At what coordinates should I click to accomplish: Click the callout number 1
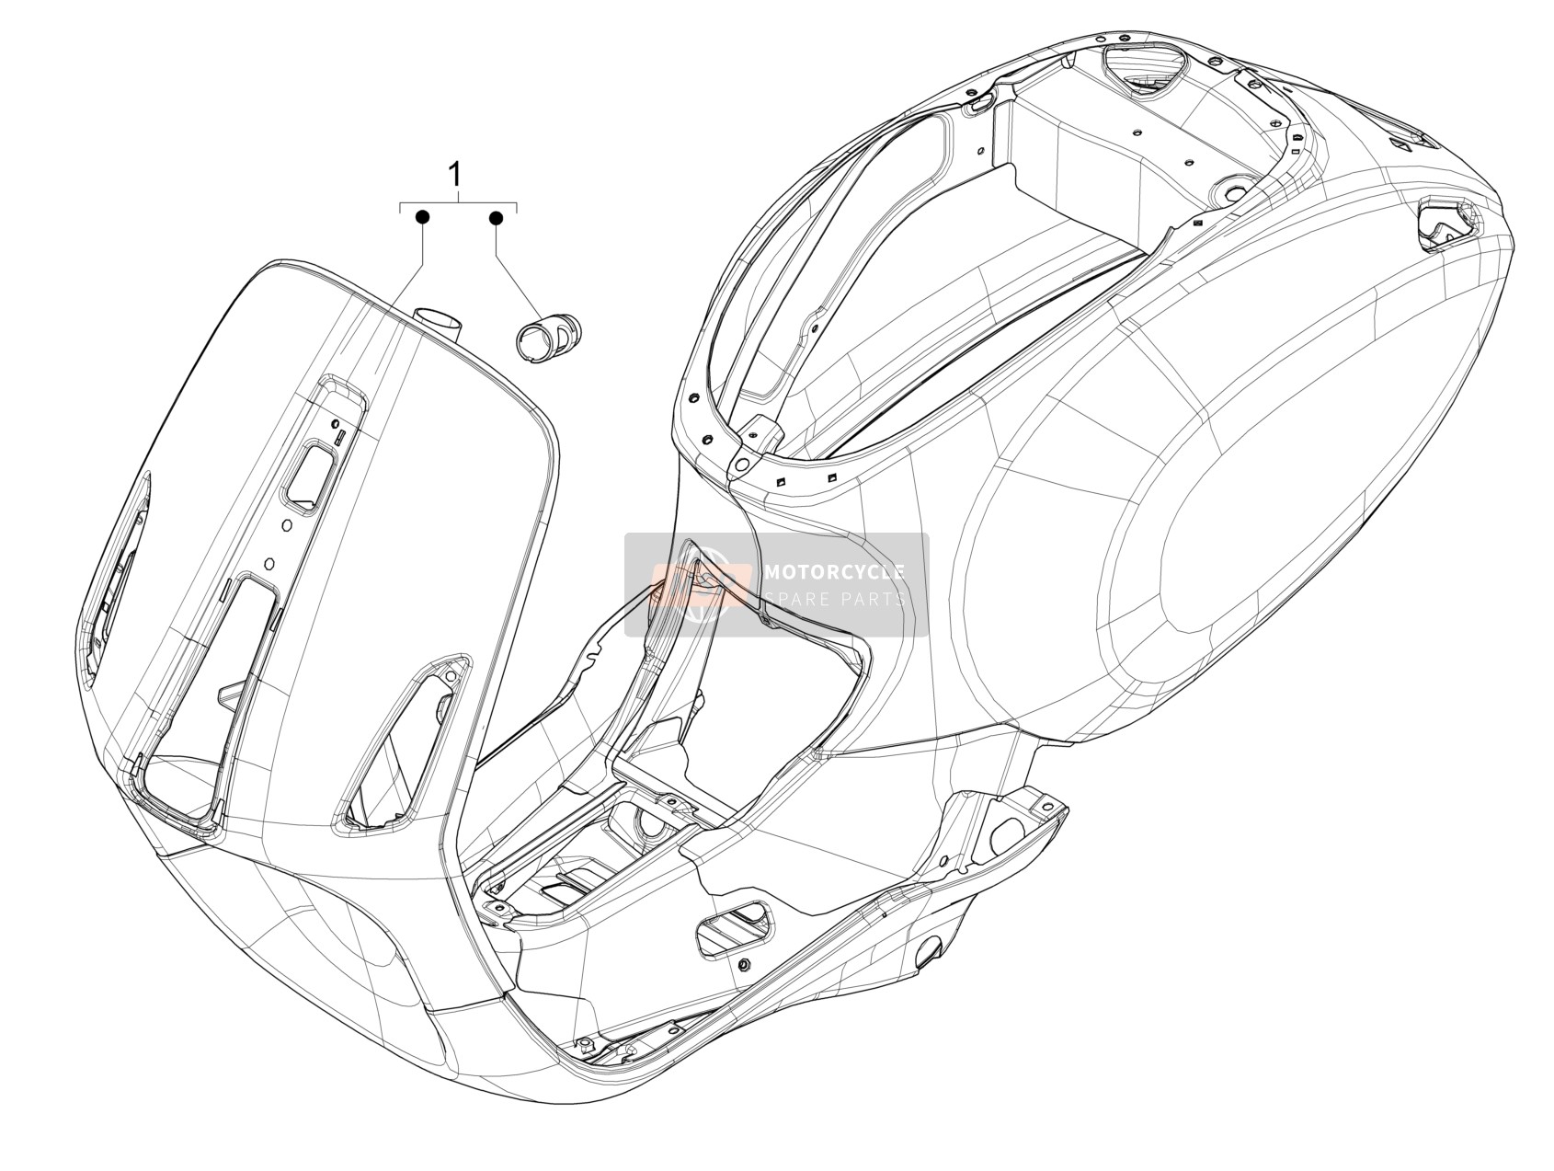[x=454, y=175]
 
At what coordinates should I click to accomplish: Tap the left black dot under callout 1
[x=422, y=217]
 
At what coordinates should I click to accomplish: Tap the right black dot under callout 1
[x=496, y=218]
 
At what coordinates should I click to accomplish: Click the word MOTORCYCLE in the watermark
[x=834, y=572]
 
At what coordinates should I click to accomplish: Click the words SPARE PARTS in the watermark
[x=834, y=599]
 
